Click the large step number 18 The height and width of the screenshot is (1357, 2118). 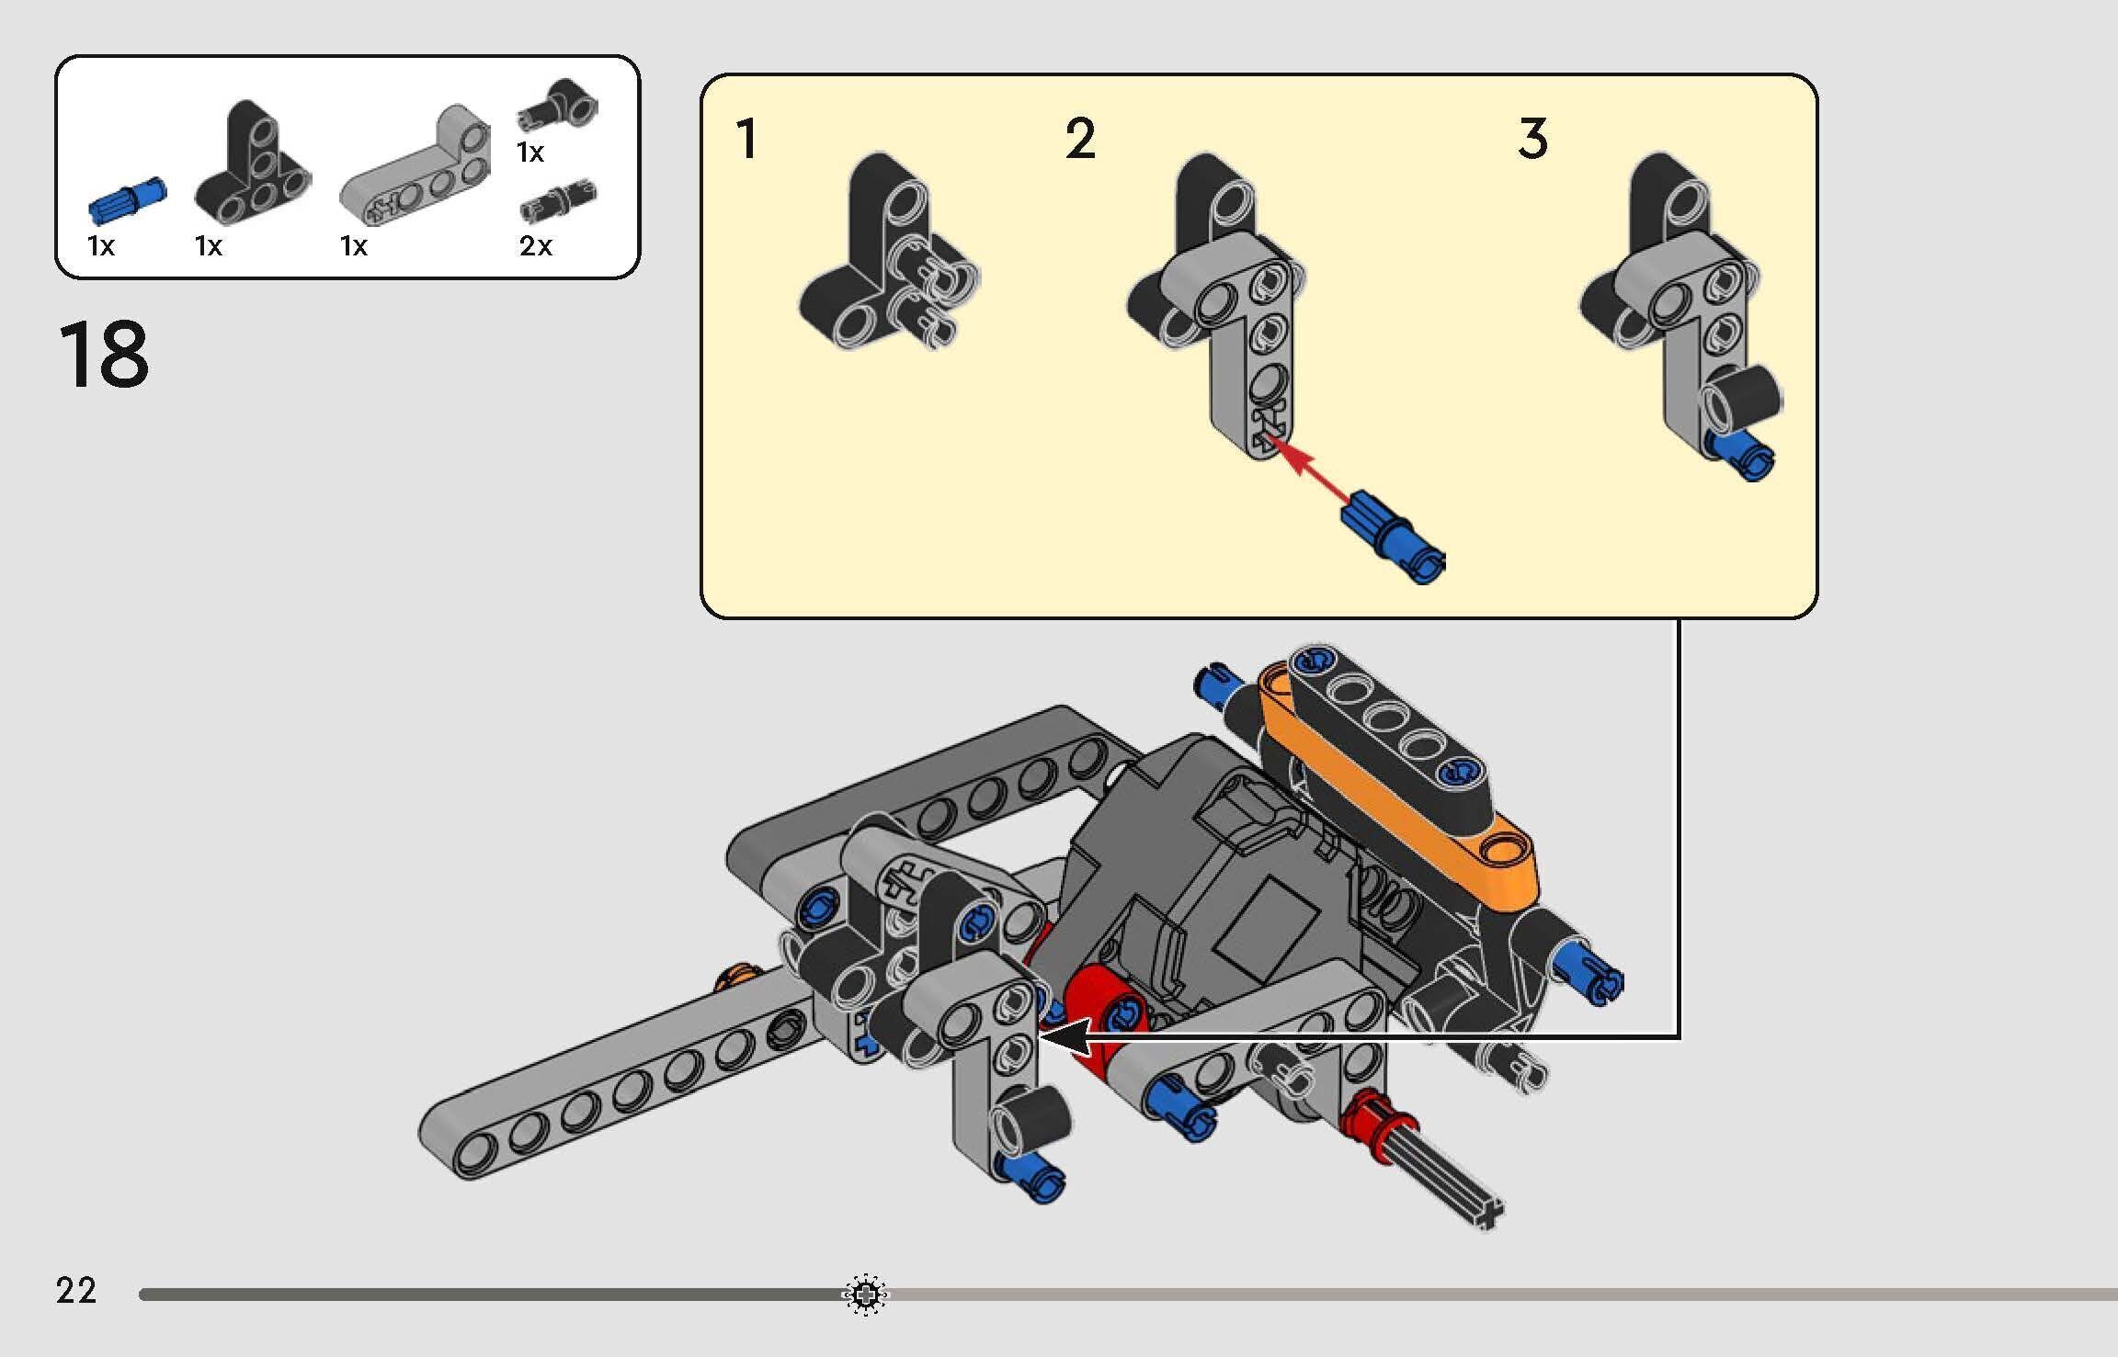pyautogui.click(x=104, y=356)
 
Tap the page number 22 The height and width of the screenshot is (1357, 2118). pyautogui.click(x=76, y=1291)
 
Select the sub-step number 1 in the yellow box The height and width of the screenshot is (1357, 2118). pyautogui.click(x=746, y=139)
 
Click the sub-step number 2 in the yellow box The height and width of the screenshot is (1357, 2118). pyautogui.click(x=1081, y=139)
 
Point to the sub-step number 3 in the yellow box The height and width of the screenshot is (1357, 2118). pyautogui.click(x=1533, y=139)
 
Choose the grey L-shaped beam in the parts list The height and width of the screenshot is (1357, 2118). pyautogui.click(x=415, y=166)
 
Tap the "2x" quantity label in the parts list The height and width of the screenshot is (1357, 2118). pyautogui.click(x=536, y=245)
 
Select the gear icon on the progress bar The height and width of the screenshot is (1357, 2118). pyautogui.click(x=864, y=1295)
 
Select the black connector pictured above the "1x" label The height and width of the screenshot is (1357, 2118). pyautogui.click(x=558, y=108)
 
